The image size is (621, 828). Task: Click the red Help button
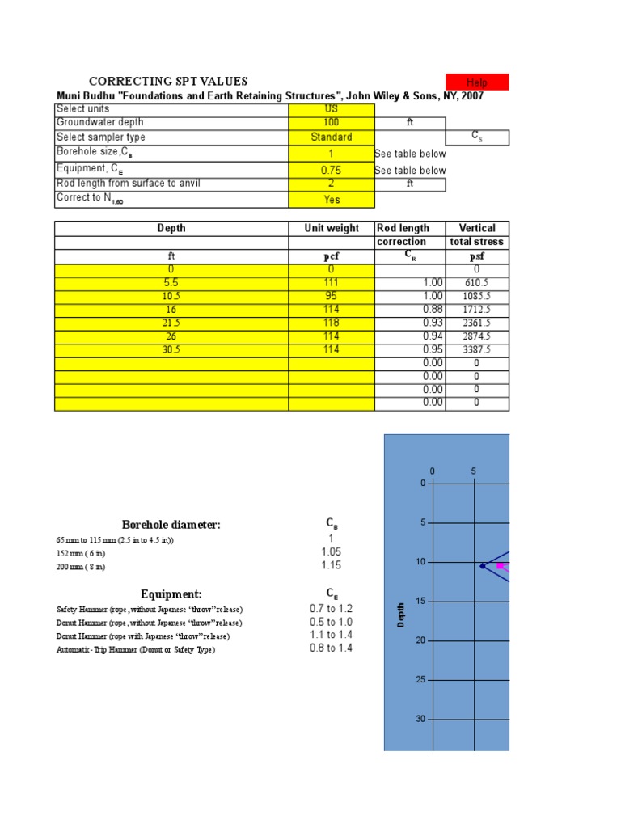[x=477, y=82]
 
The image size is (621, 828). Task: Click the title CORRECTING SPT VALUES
[x=168, y=81]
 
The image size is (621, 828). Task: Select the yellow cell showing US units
[x=331, y=109]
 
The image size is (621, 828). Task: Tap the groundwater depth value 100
[x=331, y=123]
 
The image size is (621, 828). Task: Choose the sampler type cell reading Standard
[x=331, y=137]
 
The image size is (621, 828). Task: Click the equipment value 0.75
[x=331, y=171]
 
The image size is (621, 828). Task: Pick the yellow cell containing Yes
[x=331, y=200]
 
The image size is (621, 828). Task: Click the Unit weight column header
[x=332, y=228]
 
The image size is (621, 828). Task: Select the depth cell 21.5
[x=171, y=323]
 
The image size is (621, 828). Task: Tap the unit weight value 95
[x=332, y=296]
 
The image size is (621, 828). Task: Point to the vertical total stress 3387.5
[x=477, y=350]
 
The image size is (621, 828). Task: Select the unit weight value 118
[x=332, y=323]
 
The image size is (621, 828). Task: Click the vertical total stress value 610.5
[x=477, y=283]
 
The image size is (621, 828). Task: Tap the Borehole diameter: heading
[x=171, y=525]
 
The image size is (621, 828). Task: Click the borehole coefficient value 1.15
[x=331, y=566]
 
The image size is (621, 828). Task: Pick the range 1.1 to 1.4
[x=331, y=635]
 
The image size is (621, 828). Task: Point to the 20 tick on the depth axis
[x=420, y=640]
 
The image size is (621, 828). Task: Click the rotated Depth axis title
[x=400, y=615]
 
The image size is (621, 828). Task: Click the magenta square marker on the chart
[x=500, y=566]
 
